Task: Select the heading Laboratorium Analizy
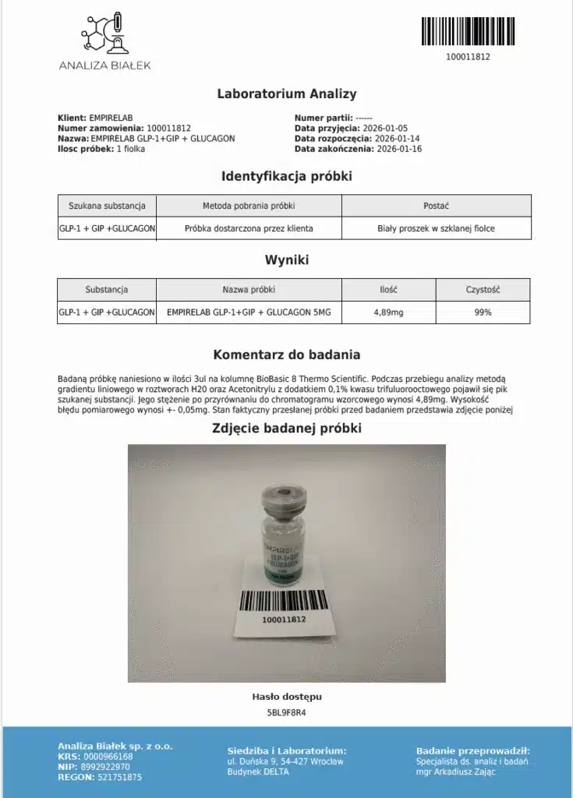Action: (286, 94)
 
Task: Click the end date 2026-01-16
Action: (397, 150)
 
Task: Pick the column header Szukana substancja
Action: (107, 206)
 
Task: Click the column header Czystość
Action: (483, 289)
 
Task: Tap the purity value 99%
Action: (483, 312)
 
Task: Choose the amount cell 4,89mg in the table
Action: (388, 312)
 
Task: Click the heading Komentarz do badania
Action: (286, 355)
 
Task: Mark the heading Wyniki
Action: (286, 260)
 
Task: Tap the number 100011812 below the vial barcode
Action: (282, 620)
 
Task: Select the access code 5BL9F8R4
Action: (286, 712)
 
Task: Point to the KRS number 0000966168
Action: (108, 757)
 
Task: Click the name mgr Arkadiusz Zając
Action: (461, 772)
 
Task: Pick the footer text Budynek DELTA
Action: (258, 772)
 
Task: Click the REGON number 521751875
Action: (116, 778)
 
